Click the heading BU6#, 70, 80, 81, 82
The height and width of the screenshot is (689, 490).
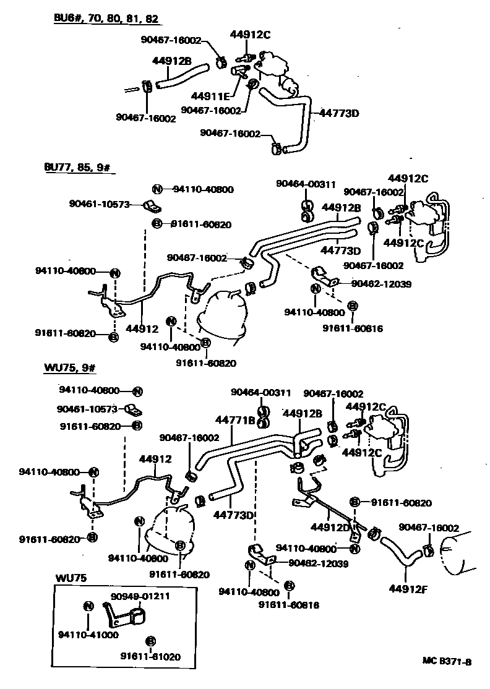(106, 19)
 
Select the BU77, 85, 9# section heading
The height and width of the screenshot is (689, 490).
(79, 168)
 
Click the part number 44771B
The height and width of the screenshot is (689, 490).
(235, 421)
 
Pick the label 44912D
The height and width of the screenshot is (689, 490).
(330, 528)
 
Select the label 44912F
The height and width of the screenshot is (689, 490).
(408, 588)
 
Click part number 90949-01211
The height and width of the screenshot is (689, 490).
(140, 596)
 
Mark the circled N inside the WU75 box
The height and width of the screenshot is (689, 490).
(87, 606)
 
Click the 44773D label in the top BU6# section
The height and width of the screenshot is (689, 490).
(340, 113)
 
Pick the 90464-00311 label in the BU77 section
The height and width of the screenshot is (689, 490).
(306, 184)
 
